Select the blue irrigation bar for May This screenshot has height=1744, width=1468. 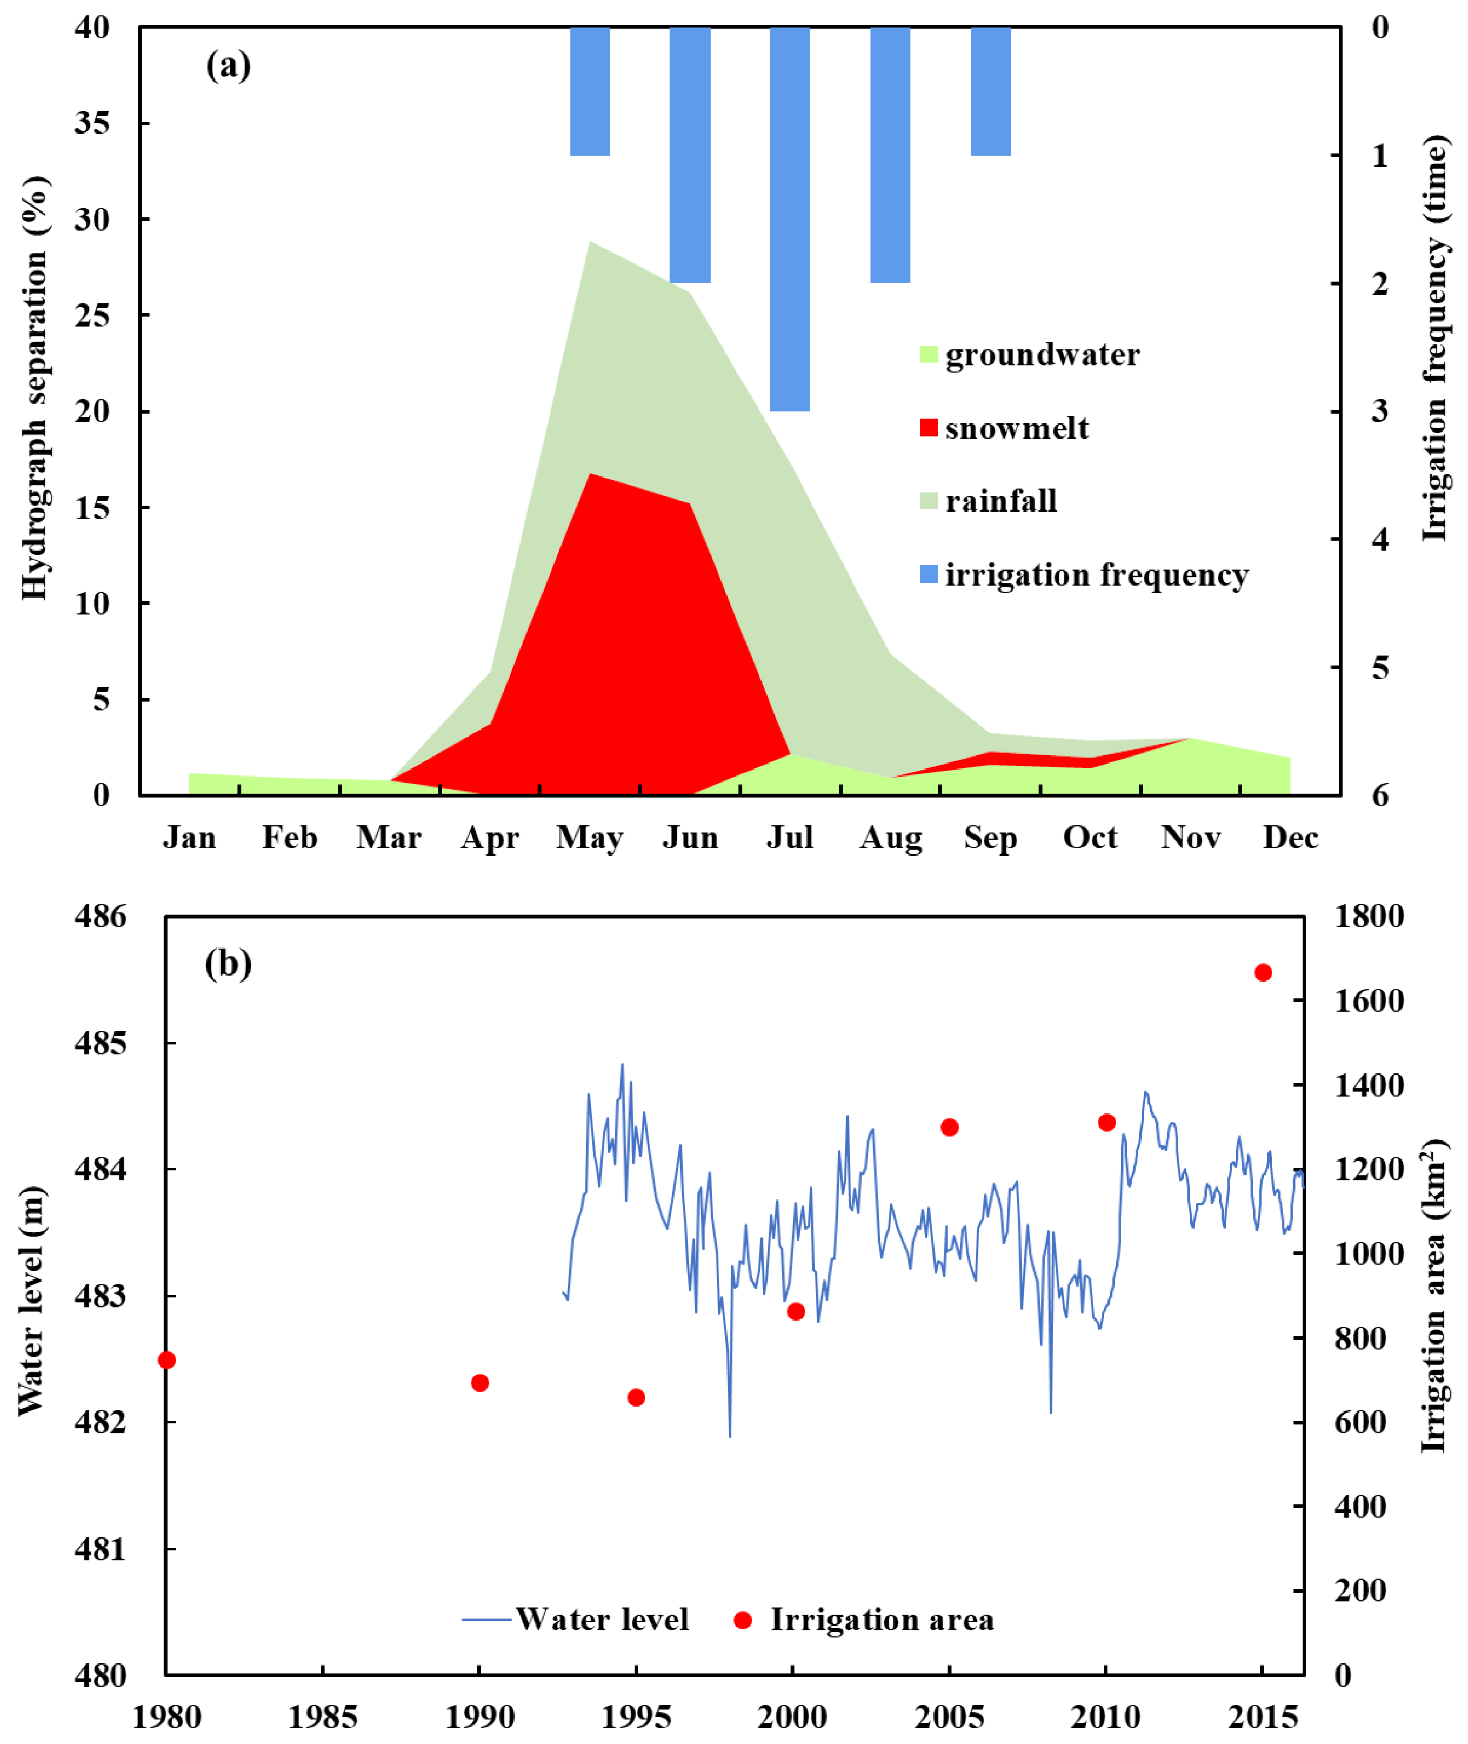590,91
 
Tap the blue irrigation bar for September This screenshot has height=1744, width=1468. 990,91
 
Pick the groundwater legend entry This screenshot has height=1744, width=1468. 1030,355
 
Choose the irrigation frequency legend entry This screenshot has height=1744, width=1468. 1084,574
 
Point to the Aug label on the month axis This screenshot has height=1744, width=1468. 890,838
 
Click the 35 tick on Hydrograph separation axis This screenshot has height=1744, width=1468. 91,123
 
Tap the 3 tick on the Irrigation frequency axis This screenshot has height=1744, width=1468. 1380,410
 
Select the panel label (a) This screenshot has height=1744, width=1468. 228,65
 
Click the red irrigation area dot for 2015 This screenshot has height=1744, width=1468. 1263,972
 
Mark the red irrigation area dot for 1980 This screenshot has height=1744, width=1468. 166,1360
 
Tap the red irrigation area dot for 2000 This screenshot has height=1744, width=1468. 796,1312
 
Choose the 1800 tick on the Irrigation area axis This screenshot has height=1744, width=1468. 1369,917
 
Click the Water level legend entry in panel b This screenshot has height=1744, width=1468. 576,1619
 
